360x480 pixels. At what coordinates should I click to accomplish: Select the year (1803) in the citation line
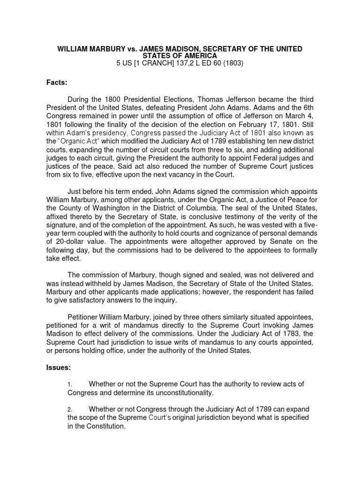[232, 64]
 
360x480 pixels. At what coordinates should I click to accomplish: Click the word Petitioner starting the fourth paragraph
[87, 310]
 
